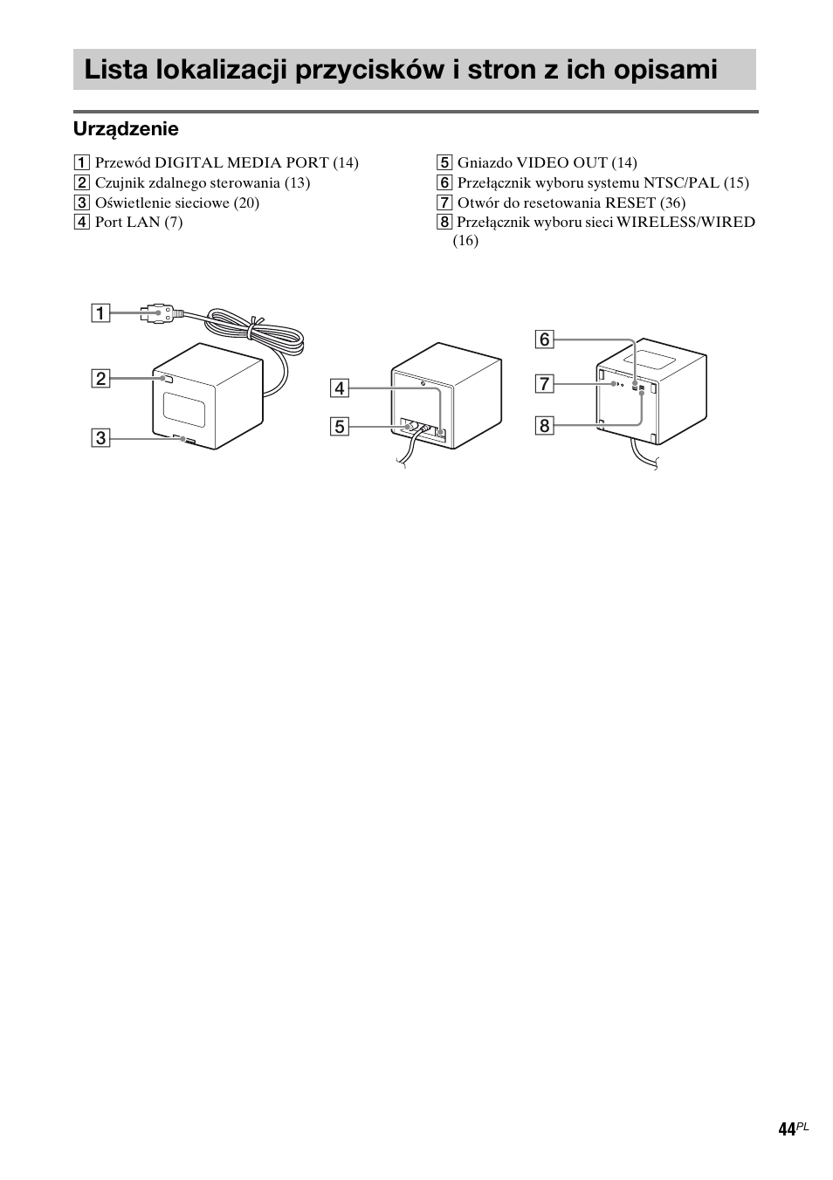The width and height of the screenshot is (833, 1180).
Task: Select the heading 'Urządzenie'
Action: click(x=126, y=129)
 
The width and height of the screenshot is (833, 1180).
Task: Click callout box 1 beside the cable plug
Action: click(x=102, y=312)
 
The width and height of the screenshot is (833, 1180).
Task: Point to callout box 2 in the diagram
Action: click(x=102, y=378)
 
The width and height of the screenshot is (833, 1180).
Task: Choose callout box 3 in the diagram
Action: click(x=102, y=437)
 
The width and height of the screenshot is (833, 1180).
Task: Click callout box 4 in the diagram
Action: click(x=339, y=388)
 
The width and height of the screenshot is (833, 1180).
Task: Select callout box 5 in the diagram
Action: click(x=339, y=427)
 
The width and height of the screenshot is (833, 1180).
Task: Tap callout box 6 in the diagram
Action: click(x=545, y=339)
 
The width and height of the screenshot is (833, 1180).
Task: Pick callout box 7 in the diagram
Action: click(x=545, y=383)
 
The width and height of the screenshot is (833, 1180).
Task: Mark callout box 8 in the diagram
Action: click(x=545, y=425)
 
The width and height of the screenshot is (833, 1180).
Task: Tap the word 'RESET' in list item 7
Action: click(x=630, y=202)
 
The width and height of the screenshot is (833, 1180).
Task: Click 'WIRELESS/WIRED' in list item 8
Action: click(x=685, y=223)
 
